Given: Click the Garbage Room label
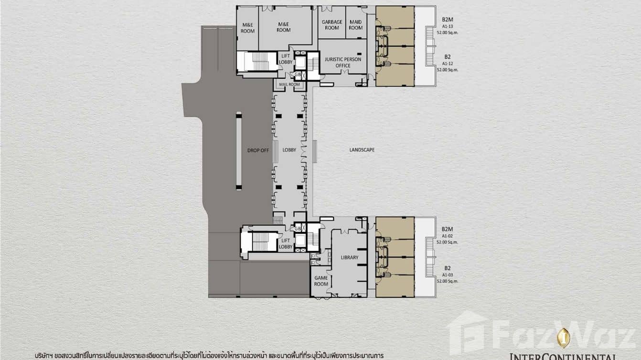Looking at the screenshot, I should (x=331, y=25).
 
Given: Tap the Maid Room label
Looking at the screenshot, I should (x=355, y=25).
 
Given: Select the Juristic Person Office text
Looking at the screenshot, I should (x=342, y=63).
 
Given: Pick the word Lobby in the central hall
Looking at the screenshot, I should (x=289, y=150).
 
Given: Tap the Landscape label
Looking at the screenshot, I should (x=362, y=150).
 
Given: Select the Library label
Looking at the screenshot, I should (x=350, y=257).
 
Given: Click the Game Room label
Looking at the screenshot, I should (x=321, y=281).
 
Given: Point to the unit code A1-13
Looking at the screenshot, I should (x=447, y=27).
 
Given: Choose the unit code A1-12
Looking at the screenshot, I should (x=447, y=63).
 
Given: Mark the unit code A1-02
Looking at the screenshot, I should (x=447, y=236).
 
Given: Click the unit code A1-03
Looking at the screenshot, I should (x=447, y=275).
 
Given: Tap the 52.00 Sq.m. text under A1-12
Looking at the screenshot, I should (x=447, y=69).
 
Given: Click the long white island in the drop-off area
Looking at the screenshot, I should (x=239, y=151).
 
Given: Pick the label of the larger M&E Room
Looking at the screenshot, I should (x=283, y=27).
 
